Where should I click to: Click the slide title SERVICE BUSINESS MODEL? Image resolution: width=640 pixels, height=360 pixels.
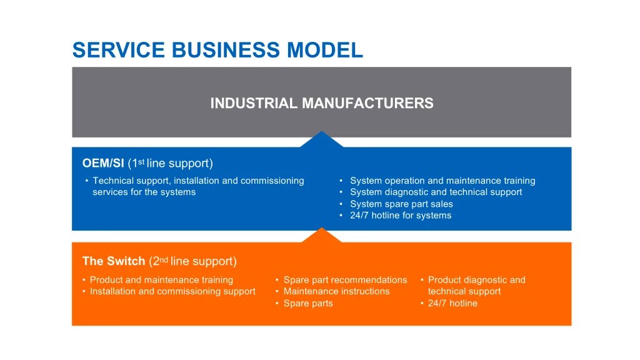point(217,50)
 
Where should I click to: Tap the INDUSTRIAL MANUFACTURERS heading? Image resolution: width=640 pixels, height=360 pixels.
point(321,103)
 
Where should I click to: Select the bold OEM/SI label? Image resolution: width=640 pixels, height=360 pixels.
point(103,164)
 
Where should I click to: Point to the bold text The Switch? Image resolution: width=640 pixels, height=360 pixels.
point(114,261)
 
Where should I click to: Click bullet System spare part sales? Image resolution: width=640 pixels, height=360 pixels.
point(401,204)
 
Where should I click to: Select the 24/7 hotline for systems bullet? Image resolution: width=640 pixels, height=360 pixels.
point(400,216)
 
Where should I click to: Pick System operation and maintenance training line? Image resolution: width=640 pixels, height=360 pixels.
point(442,181)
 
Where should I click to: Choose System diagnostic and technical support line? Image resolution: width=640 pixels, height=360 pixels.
point(436,192)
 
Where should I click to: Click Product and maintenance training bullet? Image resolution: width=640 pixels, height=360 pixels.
point(161,280)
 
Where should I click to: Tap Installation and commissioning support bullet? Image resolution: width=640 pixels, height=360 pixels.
point(172,291)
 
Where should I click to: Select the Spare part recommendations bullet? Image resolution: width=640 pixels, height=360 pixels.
point(345,280)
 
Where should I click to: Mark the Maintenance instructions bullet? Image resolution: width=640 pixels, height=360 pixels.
point(336,291)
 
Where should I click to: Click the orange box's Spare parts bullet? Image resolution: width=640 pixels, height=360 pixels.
point(308,303)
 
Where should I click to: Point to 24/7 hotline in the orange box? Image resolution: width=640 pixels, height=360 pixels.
point(452,303)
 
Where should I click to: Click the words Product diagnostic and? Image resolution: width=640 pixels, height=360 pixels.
point(476,280)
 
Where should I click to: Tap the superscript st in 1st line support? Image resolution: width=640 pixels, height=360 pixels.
point(141,161)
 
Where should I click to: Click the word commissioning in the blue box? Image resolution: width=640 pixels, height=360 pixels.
point(269,181)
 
